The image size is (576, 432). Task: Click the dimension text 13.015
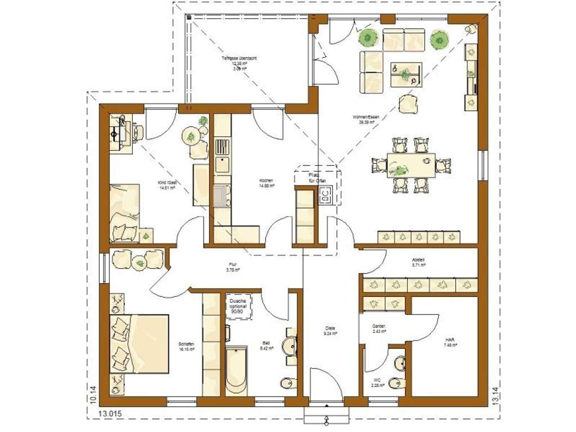(110, 414)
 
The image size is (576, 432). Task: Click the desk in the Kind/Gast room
(119, 133)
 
